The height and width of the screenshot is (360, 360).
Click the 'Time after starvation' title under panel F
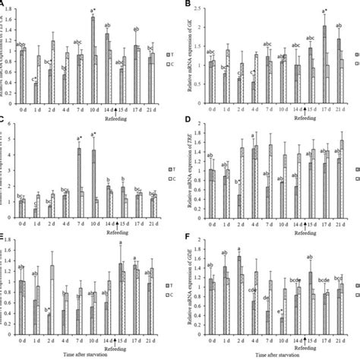pyautogui.click(x=276, y=355)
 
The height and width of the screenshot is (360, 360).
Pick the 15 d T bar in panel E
pyautogui.click(x=121, y=302)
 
